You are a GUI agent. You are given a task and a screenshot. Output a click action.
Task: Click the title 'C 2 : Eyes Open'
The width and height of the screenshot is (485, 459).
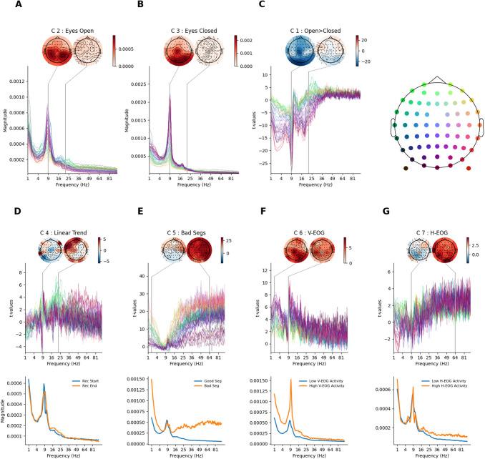(61, 29)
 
